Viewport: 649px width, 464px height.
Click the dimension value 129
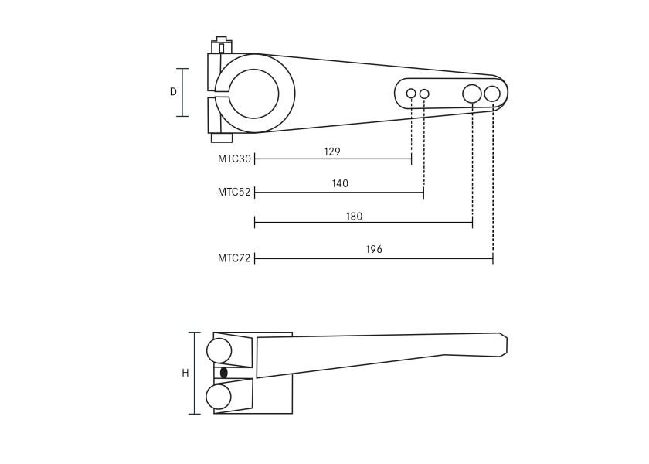pyautogui.click(x=332, y=152)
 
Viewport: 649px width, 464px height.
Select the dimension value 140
pyautogui.click(x=340, y=184)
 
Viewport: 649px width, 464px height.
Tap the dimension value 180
pyautogui.click(x=354, y=217)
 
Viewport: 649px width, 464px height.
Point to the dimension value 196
pyautogui.click(x=374, y=249)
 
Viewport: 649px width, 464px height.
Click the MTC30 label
pyautogui.click(x=234, y=159)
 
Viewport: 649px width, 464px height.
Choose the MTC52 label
pyautogui.click(x=234, y=193)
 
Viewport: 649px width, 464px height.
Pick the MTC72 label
pyautogui.click(x=234, y=258)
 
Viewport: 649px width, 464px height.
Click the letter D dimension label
pyautogui.click(x=173, y=92)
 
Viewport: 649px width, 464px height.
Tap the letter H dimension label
pyautogui.click(x=185, y=373)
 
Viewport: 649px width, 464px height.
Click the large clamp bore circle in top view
pyautogui.click(x=254, y=94)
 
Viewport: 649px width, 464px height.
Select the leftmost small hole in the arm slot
pyautogui.click(x=411, y=94)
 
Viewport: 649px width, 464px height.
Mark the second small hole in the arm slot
pyautogui.click(x=424, y=94)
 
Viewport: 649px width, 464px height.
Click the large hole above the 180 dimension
pyautogui.click(x=472, y=94)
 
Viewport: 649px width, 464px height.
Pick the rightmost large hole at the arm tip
pyautogui.click(x=492, y=94)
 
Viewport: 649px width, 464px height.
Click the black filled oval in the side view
pyautogui.click(x=224, y=373)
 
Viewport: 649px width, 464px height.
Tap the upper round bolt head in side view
pyautogui.click(x=219, y=350)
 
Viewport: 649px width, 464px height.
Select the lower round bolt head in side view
pyautogui.click(x=219, y=397)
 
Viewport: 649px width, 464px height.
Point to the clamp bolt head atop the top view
pyautogui.click(x=222, y=44)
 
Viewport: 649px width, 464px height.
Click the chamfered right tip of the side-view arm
pyautogui.click(x=502, y=344)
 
